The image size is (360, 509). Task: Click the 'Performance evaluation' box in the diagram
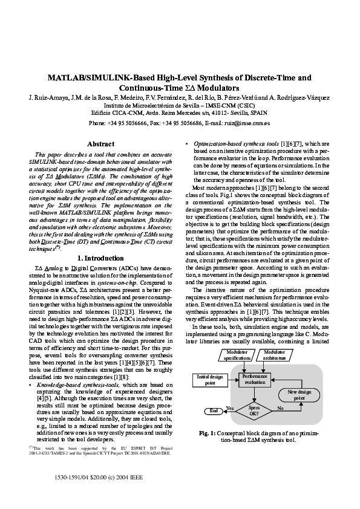255,380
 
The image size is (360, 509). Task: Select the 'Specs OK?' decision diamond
254,410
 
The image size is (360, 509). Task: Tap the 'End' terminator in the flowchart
213,411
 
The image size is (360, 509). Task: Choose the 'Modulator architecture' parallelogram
275,355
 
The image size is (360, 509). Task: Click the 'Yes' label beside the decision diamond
230,408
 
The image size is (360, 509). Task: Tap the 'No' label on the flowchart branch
280,408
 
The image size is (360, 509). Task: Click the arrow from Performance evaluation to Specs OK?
254,394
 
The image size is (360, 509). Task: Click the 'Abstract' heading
101,144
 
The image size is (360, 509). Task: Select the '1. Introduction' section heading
101,258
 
